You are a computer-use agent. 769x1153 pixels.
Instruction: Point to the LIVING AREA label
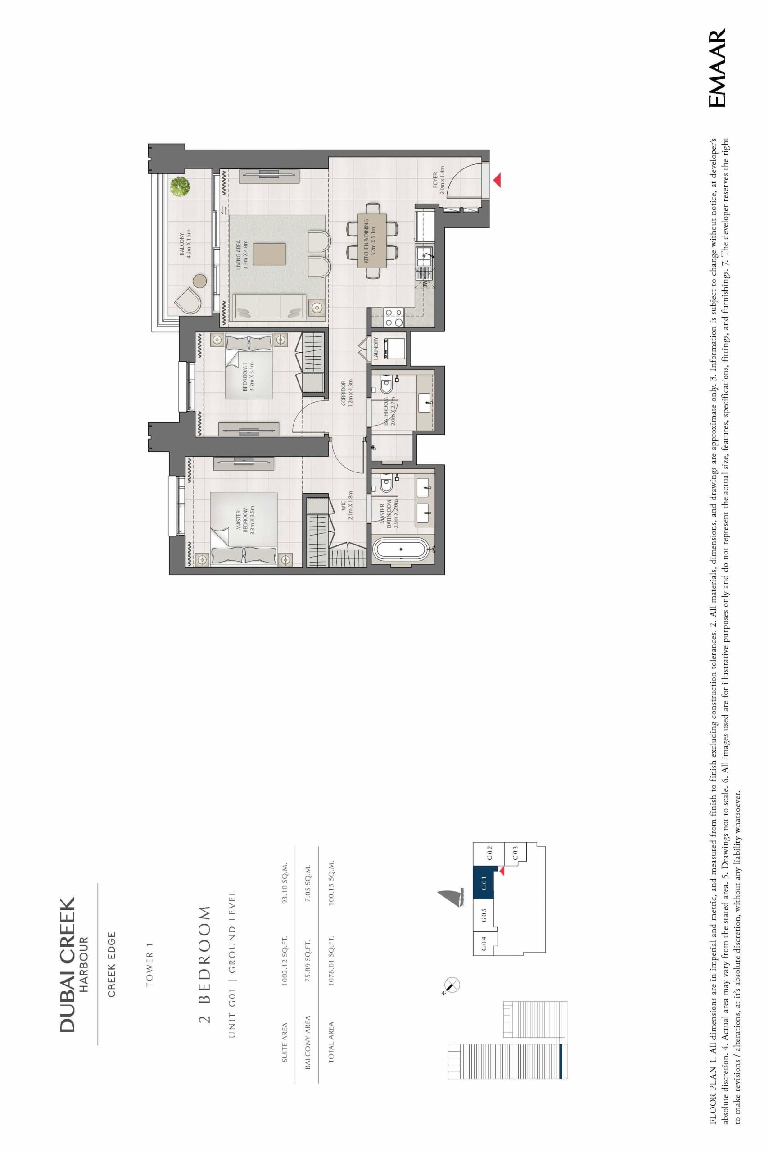(243, 254)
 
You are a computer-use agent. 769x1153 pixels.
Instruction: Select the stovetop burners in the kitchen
(394, 317)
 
